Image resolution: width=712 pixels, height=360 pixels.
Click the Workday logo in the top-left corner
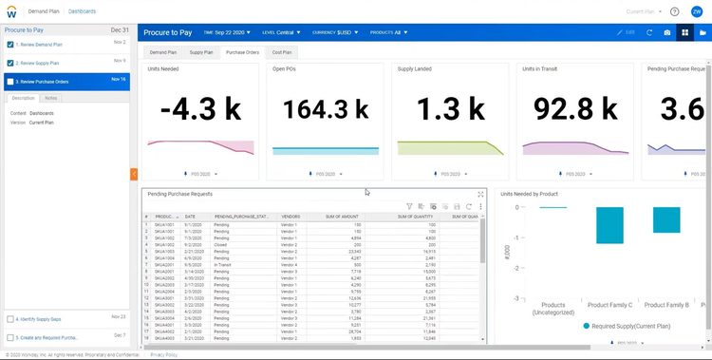(11, 11)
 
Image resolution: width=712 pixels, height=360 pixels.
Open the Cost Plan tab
(282, 52)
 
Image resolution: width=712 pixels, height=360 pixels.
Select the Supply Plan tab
(201, 52)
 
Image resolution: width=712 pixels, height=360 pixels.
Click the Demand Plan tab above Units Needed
(163, 52)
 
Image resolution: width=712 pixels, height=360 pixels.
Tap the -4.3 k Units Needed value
(200, 109)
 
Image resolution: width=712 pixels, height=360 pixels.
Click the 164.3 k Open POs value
(326, 109)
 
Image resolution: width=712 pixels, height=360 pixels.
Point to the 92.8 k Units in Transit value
(575, 109)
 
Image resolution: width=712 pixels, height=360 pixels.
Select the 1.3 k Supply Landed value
(451, 109)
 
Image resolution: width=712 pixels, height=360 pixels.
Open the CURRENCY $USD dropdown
(335, 32)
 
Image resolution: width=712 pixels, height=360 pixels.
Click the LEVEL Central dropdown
(281, 32)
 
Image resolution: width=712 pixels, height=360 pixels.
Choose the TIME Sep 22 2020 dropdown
(227, 32)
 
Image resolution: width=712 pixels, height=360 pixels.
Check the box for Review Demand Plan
(10, 45)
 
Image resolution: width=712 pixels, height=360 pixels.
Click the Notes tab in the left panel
(50, 98)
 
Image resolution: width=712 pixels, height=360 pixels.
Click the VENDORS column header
(290, 217)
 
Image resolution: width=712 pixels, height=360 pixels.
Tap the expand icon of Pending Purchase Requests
(480, 194)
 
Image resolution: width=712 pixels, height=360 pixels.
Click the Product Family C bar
(609, 225)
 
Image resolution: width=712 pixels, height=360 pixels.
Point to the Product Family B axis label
(666, 305)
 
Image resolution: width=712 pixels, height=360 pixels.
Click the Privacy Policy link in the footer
(163, 354)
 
